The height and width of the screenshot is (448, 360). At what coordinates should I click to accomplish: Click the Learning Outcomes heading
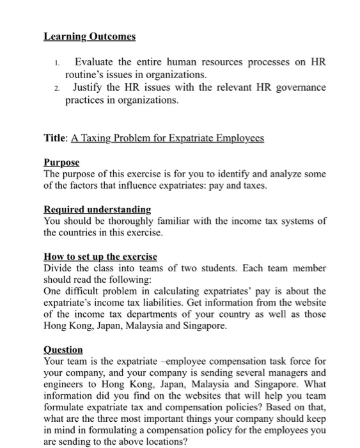tap(90, 36)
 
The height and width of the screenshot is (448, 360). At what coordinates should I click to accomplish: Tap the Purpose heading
tap(61, 163)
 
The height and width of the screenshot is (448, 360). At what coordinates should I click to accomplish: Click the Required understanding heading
tap(97, 209)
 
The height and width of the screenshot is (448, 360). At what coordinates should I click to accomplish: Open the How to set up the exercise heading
tap(100, 256)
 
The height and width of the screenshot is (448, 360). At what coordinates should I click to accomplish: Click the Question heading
tap(63, 349)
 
